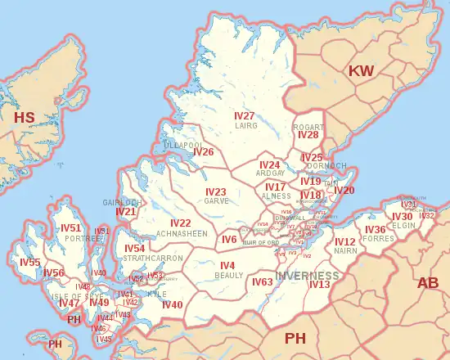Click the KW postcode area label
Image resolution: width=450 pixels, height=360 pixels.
(x=361, y=71)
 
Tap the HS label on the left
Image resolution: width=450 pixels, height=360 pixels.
(x=25, y=118)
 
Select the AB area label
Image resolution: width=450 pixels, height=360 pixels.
(x=427, y=283)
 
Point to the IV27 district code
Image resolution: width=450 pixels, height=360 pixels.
(x=245, y=116)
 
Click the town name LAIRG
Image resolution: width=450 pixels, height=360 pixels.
(x=246, y=127)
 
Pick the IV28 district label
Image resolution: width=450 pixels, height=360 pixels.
(x=308, y=135)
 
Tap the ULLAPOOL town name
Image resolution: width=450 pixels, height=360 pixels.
(x=182, y=145)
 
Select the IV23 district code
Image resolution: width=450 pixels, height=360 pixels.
(x=216, y=191)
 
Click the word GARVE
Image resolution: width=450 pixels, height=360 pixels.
(x=217, y=201)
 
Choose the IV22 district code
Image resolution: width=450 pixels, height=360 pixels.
(x=180, y=223)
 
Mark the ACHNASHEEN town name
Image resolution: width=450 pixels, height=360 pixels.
(x=182, y=234)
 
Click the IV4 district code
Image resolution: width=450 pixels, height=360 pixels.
(x=227, y=266)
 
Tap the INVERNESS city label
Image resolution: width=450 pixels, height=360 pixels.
(x=307, y=275)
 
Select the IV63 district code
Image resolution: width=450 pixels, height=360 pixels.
(x=262, y=282)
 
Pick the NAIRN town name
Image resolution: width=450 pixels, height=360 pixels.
(x=345, y=252)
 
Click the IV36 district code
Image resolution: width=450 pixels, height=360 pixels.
(x=376, y=230)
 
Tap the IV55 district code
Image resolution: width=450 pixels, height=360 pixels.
(x=30, y=263)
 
